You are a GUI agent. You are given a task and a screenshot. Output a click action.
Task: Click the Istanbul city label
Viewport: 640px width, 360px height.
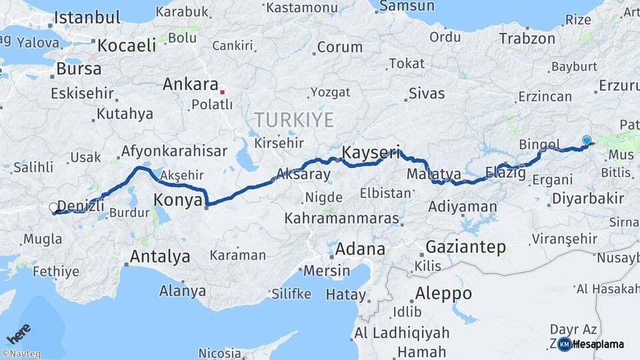[x=87, y=17]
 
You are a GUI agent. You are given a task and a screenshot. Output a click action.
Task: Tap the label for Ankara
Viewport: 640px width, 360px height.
[x=191, y=85]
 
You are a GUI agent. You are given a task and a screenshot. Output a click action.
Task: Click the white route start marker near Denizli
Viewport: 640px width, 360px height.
[x=54, y=208]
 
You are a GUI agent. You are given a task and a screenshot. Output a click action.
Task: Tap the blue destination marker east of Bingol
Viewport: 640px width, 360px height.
[x=587, y=140]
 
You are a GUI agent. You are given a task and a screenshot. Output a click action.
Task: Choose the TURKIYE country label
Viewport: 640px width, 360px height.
[x=293, y=120]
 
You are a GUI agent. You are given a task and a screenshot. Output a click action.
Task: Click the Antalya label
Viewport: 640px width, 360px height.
[x=160, y=256]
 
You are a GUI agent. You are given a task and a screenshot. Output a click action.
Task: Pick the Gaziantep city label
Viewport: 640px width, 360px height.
[x=465, y=247]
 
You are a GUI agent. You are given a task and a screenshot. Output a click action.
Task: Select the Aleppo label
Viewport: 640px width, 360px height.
[x=443, y=293]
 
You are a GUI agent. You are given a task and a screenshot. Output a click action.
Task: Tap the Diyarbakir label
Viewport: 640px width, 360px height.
[x=588, y=198]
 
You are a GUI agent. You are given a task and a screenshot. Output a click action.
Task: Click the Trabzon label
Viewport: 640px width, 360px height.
[x=527, y=39]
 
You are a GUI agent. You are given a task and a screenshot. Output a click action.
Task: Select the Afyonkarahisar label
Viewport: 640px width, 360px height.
[x=175, y=151]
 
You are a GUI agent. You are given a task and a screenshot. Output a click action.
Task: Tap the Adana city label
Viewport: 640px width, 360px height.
[x=361, y=249]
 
